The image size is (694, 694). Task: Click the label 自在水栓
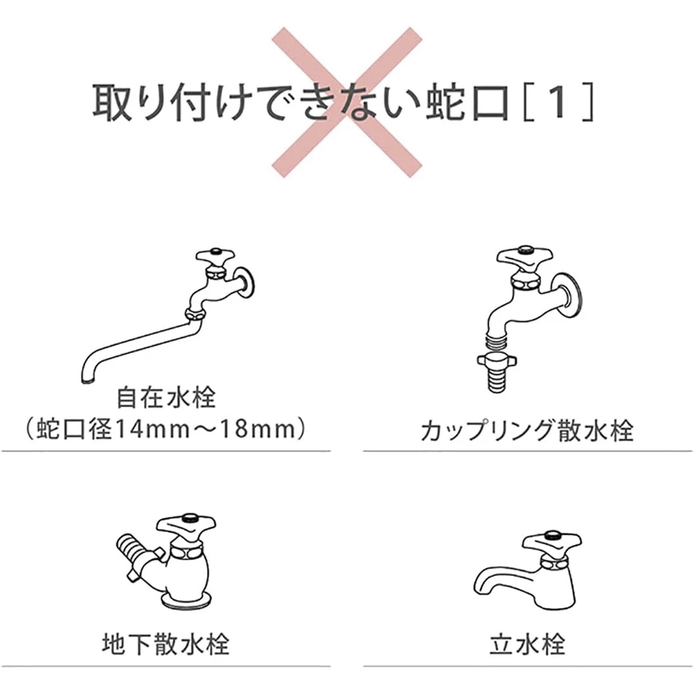coord(166,397)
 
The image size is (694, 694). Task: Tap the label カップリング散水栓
coord(527,430)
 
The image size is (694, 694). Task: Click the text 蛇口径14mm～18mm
coord(166,429)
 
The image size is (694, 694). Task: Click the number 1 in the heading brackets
coord(558,102)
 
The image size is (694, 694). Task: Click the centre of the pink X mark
coord(346,102)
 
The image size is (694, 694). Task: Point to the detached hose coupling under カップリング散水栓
coord(498,371)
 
